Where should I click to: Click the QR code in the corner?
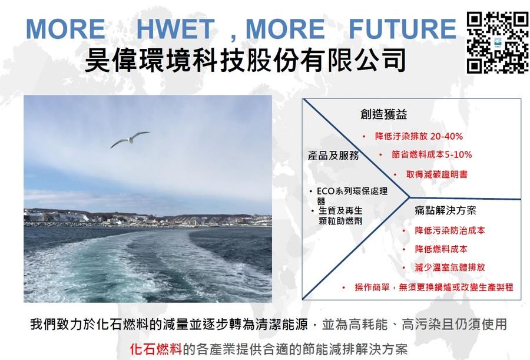498,42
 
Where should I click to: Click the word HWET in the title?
175,29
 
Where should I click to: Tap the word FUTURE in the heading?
402,29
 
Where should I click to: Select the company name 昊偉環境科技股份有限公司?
245,60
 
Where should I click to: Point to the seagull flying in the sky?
130,139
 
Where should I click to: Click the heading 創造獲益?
383,114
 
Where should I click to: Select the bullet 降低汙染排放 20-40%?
419,136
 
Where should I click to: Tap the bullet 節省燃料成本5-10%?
432,154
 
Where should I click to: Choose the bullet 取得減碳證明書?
437,174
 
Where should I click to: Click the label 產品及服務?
333,156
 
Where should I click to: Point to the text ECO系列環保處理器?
352,196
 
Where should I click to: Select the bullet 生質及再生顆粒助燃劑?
340,216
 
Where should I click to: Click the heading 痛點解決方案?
446,210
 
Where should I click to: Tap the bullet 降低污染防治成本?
450,230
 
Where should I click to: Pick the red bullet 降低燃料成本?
441,249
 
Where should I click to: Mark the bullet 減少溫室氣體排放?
450,267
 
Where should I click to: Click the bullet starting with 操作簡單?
434,288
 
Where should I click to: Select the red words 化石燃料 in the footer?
156,349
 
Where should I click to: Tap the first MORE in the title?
65,29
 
